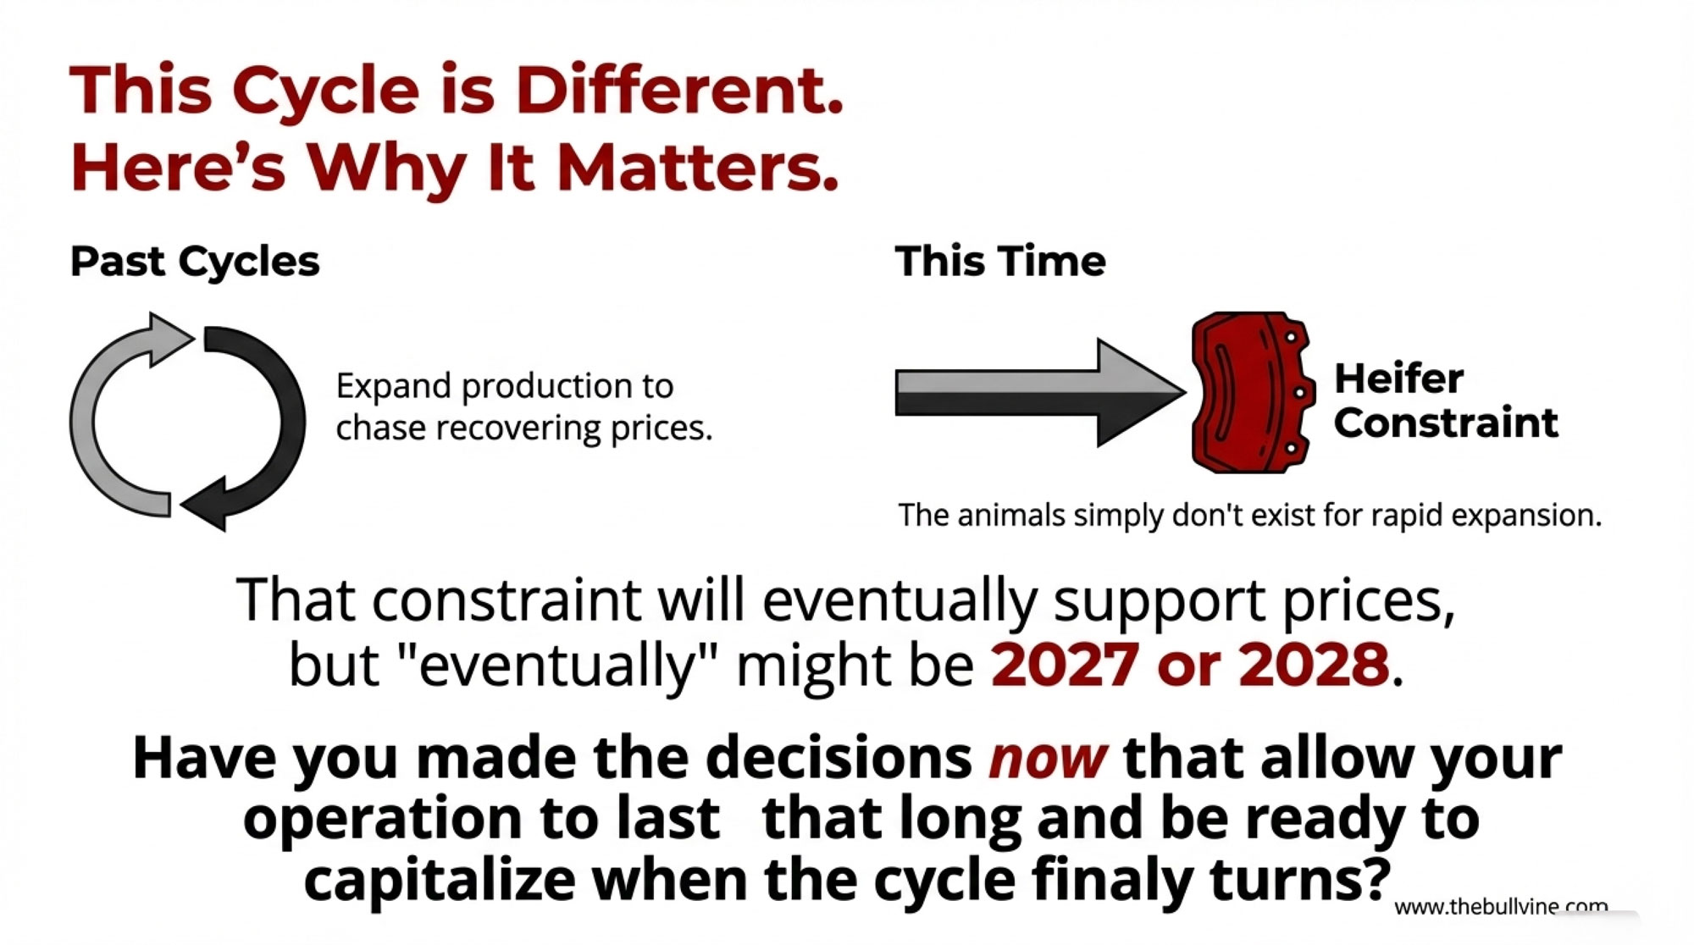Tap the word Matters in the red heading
click(697, 167)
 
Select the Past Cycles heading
click(195, 262)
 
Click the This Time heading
click(1000, 261)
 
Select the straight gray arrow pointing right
click(1040, 393)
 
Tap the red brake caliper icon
click(1252, 392)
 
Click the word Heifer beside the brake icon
click(1398, 378)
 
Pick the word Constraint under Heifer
click(1446, 423)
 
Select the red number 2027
click(1065, 665)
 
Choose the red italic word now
click(1048, 759)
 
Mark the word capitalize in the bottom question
click(440, 881)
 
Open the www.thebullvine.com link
click(1501, 907)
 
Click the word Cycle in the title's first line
click(326, 91)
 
